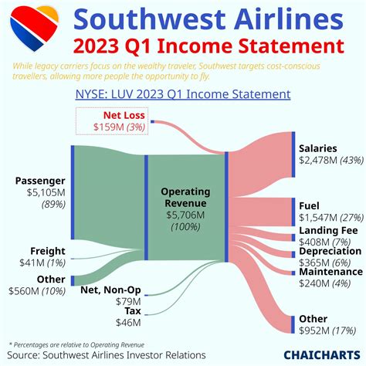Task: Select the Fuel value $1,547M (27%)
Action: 330,218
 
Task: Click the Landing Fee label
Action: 327,230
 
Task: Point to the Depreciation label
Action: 330,251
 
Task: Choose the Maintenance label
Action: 330,271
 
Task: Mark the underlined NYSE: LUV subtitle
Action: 182,94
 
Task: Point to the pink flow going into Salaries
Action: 263,158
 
